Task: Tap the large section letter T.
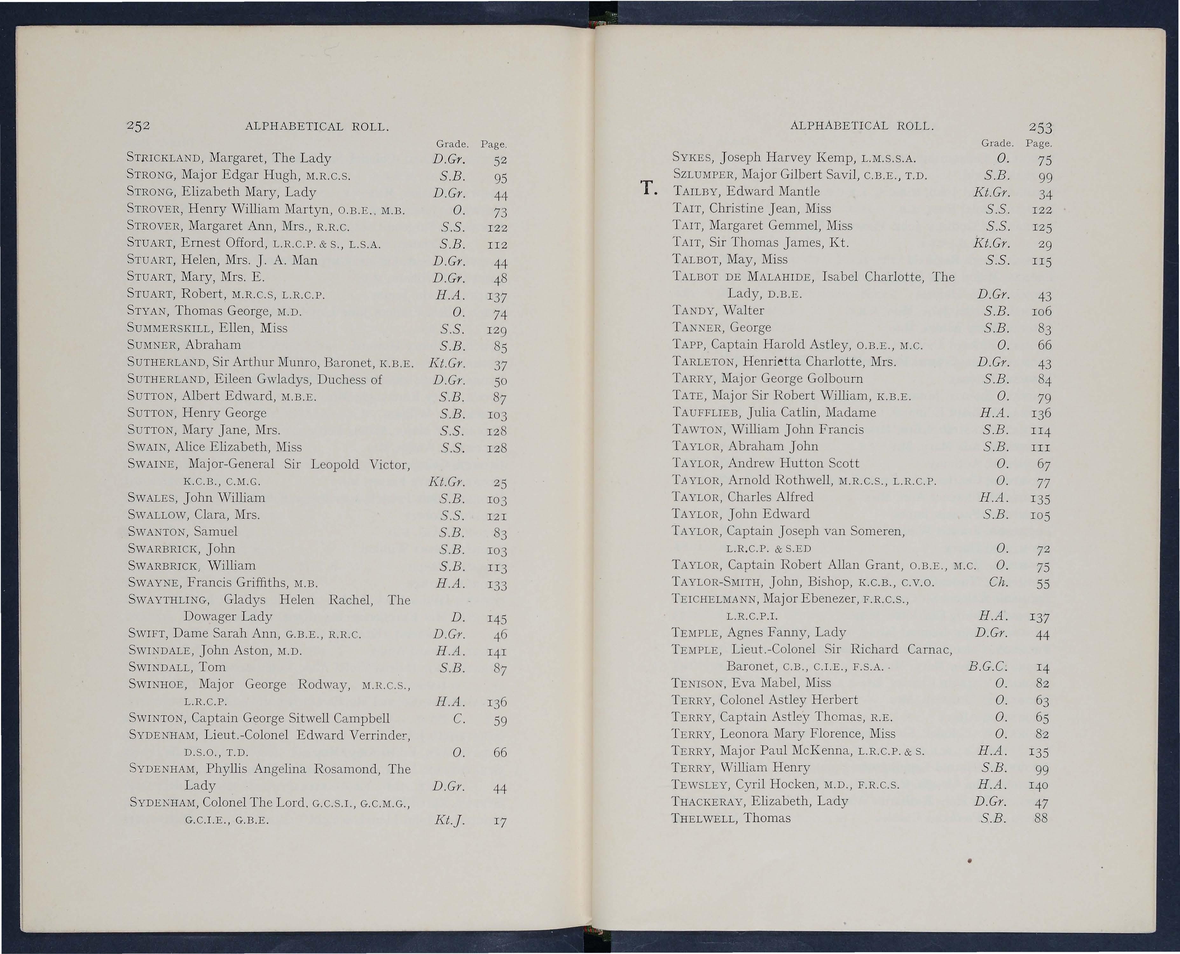tap(648, 189)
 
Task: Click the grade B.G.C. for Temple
tap(987, 667)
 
